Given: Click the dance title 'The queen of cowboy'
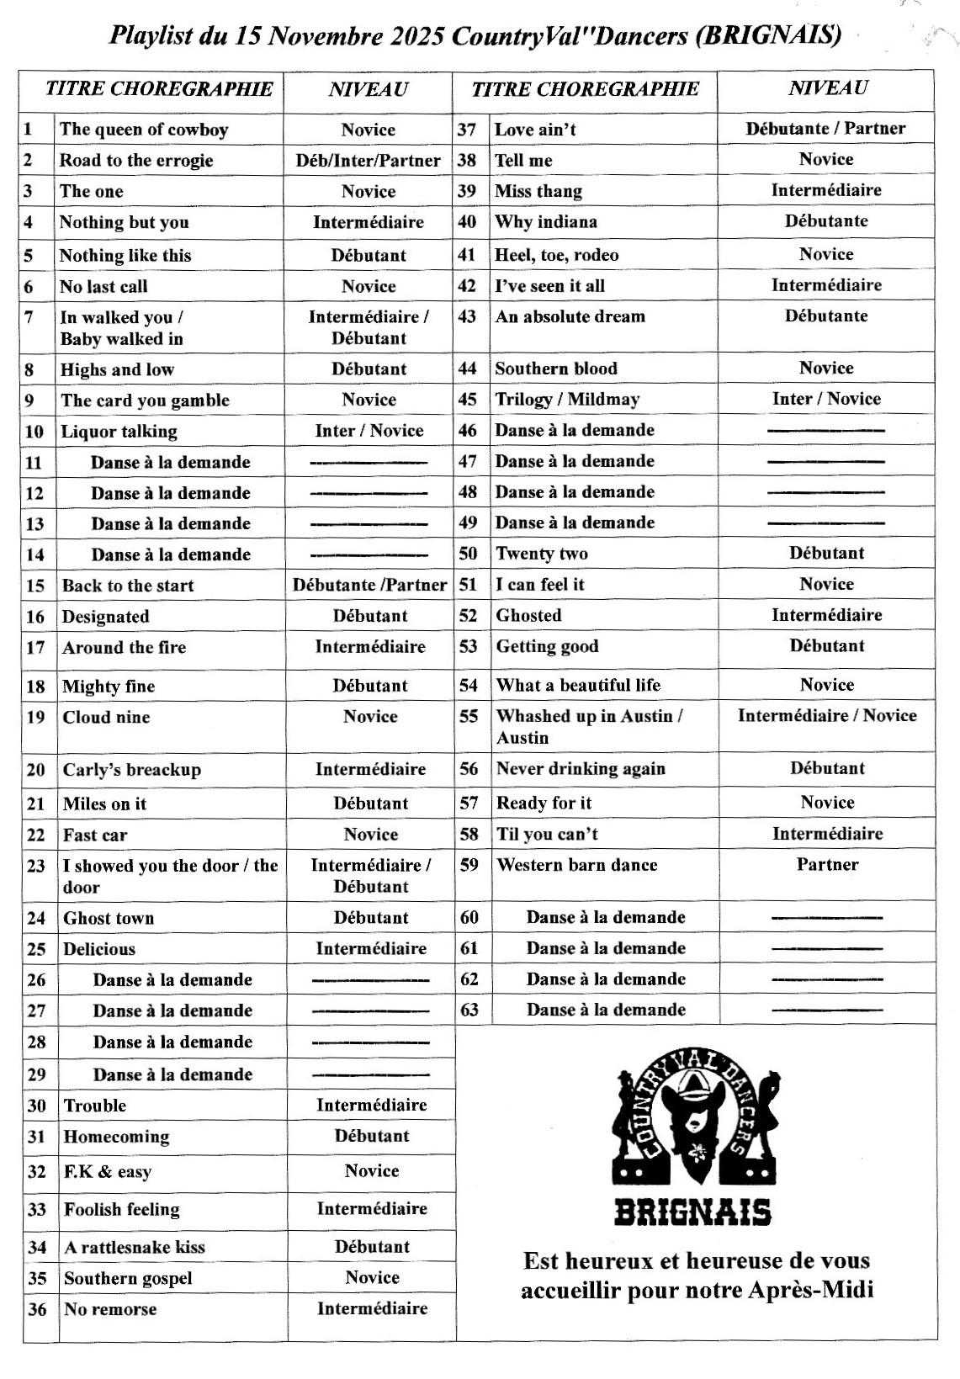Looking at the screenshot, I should (144, 130).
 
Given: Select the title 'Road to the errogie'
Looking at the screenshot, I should (136, 161).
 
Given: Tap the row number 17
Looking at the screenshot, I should (35, 648).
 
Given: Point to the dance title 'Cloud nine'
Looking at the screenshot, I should (106, 718).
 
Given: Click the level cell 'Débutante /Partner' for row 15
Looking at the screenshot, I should (369, 586).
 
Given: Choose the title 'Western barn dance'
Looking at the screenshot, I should (577, 865).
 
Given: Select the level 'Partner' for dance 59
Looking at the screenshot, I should (827, 865).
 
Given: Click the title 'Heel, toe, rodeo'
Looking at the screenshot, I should (556, 255).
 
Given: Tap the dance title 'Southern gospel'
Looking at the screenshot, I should (128, 1279).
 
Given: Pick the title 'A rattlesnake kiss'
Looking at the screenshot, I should (135, 1248).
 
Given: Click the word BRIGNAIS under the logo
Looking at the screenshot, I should (692, 1213).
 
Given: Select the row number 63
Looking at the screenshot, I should (469, 1010).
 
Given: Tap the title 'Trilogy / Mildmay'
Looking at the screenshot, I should (567, 400).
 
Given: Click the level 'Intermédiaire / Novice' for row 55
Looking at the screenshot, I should (827, 716).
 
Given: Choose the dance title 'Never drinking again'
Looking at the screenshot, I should (581, 769).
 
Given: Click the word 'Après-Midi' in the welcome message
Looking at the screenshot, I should (812, 1290).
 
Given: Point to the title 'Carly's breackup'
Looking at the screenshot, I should (132, 770).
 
